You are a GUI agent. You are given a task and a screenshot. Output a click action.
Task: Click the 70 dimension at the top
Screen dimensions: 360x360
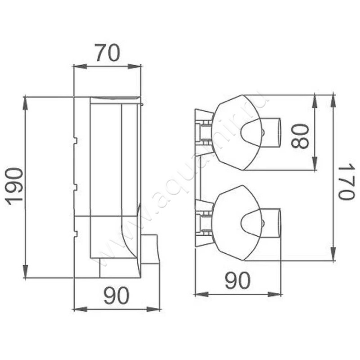coord(107,54)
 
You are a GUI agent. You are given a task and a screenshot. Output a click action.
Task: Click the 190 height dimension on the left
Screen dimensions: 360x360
coord(15,186)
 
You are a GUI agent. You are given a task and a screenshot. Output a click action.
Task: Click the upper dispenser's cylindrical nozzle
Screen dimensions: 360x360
coord(272,133)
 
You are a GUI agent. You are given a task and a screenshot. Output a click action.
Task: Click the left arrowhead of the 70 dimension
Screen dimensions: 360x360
coord(77,67)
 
